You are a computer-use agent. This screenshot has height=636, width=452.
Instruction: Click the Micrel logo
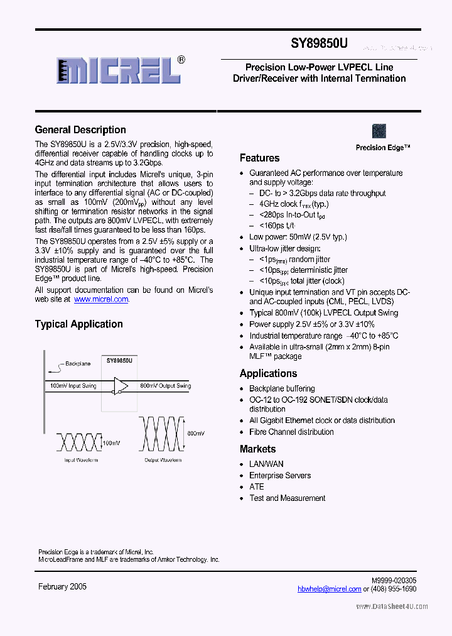click(x=120, y=70)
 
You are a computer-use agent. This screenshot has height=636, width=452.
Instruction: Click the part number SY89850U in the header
click(x=319, y=44)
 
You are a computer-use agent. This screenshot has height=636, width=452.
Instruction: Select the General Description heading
click(x=80, y=130)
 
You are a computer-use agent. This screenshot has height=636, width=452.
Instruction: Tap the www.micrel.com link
click(x=101, y=300)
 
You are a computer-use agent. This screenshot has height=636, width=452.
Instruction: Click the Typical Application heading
click(x=78, y=324)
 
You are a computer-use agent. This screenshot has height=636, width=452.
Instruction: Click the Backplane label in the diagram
click(x=78, y=364)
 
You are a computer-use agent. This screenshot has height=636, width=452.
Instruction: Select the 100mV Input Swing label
click(x=73, y=385)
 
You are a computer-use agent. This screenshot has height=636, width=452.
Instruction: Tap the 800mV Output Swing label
click(x=166, y=385)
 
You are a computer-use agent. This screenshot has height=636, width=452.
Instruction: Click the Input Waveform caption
click(x=81, y=460)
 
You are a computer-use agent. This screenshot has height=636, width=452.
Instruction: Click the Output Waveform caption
click(x=163, y=460)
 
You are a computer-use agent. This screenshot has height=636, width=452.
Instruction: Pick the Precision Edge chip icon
click(x=379, y=131)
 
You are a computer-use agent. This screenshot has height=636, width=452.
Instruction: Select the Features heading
click(x=260, y=158)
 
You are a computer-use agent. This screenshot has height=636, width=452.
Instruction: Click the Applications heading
click(x=268, y=373)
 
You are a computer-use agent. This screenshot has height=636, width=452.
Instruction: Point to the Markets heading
click(x=257, y=449)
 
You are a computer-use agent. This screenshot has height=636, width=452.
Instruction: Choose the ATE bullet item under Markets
click(x=257, y=487)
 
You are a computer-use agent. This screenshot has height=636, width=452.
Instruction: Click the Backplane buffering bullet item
click(x=282, y=389)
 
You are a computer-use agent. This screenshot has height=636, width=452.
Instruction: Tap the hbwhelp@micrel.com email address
click(x=329, y=589)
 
